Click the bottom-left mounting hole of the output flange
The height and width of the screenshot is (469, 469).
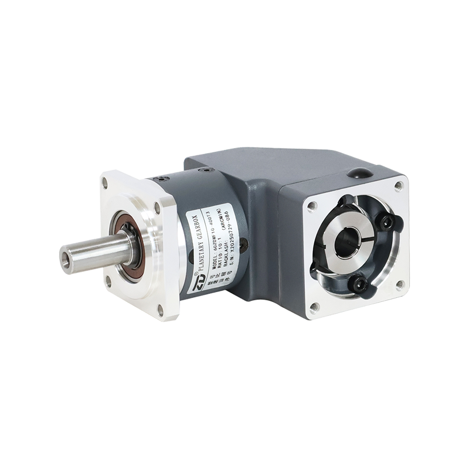(108, 280)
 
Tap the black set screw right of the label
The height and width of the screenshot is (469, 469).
(244, 242)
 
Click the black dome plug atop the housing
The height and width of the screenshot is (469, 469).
(358, 174)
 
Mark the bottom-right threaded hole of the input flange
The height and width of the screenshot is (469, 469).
(400, 285)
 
